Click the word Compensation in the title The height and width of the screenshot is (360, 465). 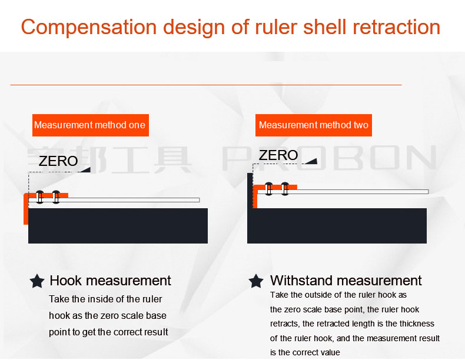pos(89,28)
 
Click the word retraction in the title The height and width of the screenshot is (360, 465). pos(397,27)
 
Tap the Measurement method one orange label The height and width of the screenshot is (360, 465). pos(91,125)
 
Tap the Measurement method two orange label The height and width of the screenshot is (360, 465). pos(314,125)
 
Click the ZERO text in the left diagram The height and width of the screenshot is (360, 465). pos(58,161)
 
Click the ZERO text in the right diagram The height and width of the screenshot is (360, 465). pos(278,155)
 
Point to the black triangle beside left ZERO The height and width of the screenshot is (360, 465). pos(86,170)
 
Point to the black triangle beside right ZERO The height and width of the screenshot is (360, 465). pos(312,161)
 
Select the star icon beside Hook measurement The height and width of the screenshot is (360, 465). pos(37,281)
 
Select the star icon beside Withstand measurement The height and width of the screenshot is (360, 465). pos(256,281)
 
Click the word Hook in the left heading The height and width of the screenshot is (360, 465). pos(65,281)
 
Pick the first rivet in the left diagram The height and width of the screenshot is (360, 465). pos(40,197)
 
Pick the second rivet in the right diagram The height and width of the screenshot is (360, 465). pos(285,189)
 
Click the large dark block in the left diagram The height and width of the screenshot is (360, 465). pos(118,226)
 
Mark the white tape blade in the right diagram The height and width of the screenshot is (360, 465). pos(343,192)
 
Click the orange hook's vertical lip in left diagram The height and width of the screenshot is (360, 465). pos(26,209)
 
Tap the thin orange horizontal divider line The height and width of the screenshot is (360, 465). pos(206,85)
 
